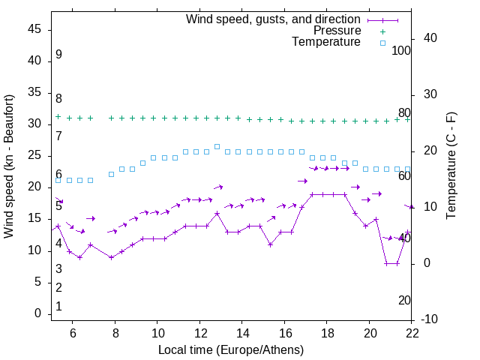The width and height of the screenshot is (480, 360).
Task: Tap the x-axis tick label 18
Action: coord(327,332)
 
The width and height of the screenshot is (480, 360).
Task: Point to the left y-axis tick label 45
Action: coord(34,29)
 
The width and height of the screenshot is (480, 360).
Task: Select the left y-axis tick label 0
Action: coord(37,313)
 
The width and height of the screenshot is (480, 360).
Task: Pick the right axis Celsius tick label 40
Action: coord(421,38)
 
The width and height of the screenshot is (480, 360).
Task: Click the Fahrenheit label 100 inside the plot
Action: coord(401,51)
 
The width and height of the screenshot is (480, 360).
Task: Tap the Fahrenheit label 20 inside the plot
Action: coord(404,300)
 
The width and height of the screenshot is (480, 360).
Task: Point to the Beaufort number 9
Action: coord(58,55)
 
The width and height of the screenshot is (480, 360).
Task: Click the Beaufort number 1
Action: coord(58,307)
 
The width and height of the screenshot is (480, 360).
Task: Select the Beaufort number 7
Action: coord(58,136)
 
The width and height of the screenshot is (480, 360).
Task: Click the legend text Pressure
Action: coord(337,31)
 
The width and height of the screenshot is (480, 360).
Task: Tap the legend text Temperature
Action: coord(326,42)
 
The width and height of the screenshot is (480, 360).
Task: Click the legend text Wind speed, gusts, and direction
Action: coord(273,19)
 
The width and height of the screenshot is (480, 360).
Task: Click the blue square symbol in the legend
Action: coord(382,43)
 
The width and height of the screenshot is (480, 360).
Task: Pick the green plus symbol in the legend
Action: coord(382,31)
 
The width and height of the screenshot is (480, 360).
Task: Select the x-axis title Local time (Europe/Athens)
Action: coord(231,349)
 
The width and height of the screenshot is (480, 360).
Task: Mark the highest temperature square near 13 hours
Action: coord(217,146)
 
